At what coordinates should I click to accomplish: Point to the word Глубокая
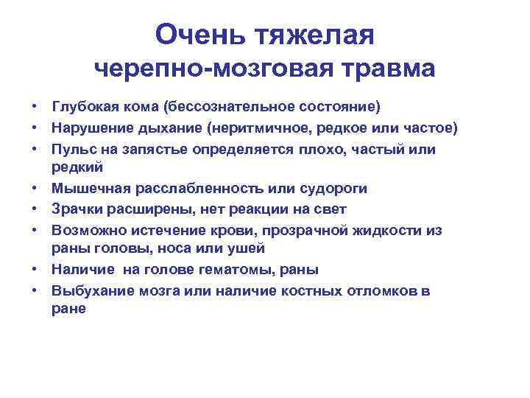(82, 108)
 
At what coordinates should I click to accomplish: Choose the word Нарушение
(88, 128)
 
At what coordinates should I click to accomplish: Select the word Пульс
(71, 149)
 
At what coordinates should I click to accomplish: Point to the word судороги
(336, 189)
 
